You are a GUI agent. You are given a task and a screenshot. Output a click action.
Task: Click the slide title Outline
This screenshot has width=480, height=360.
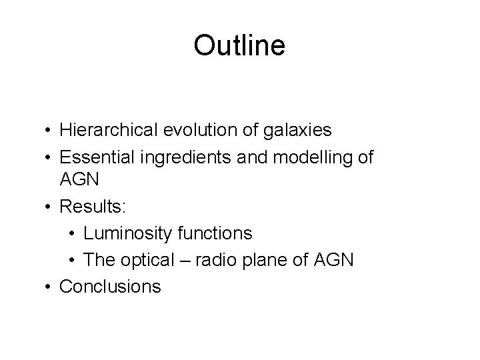click(239, 46)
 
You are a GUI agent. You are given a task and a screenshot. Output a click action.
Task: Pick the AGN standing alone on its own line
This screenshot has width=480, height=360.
click(79, 180)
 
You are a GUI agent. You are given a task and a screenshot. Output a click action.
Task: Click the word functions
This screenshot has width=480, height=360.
click(216, 233)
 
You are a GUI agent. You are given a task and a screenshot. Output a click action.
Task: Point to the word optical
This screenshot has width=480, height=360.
click(159, 259)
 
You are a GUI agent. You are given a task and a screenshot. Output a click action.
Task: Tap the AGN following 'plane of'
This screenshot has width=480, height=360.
click(338, 259)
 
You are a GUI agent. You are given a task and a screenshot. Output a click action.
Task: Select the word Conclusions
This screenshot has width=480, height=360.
click(110, 286)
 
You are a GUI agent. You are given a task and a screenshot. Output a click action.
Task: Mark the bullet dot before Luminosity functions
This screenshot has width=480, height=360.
click(73, 233)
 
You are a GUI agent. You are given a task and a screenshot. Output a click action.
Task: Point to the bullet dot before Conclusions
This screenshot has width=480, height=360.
click(49, 287)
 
